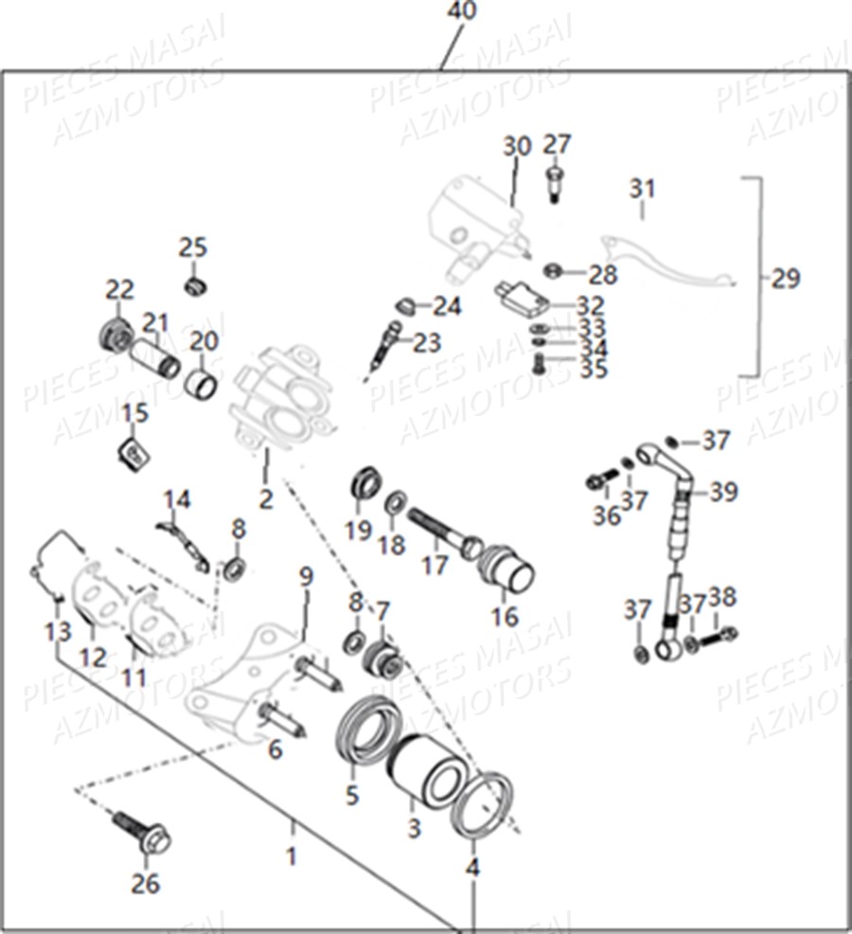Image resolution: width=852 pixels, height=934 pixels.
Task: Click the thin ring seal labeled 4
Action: pos(482,805)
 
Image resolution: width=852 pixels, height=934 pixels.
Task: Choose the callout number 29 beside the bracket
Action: pos(785,278)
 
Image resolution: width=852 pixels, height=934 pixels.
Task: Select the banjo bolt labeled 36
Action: pos(595,481)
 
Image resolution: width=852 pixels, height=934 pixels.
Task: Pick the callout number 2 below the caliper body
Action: pos(266,499)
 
